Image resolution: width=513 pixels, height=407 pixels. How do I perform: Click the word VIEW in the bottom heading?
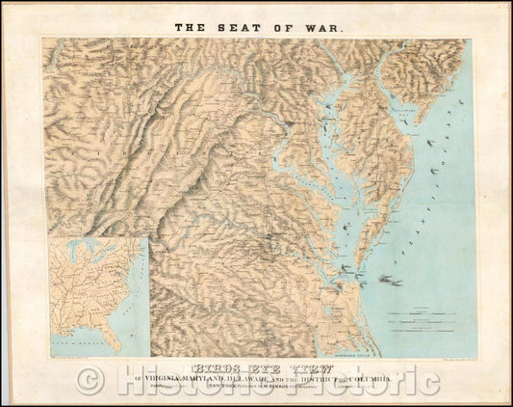point(306,367)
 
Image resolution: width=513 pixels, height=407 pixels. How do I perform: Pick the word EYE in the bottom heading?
point(253,367)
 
